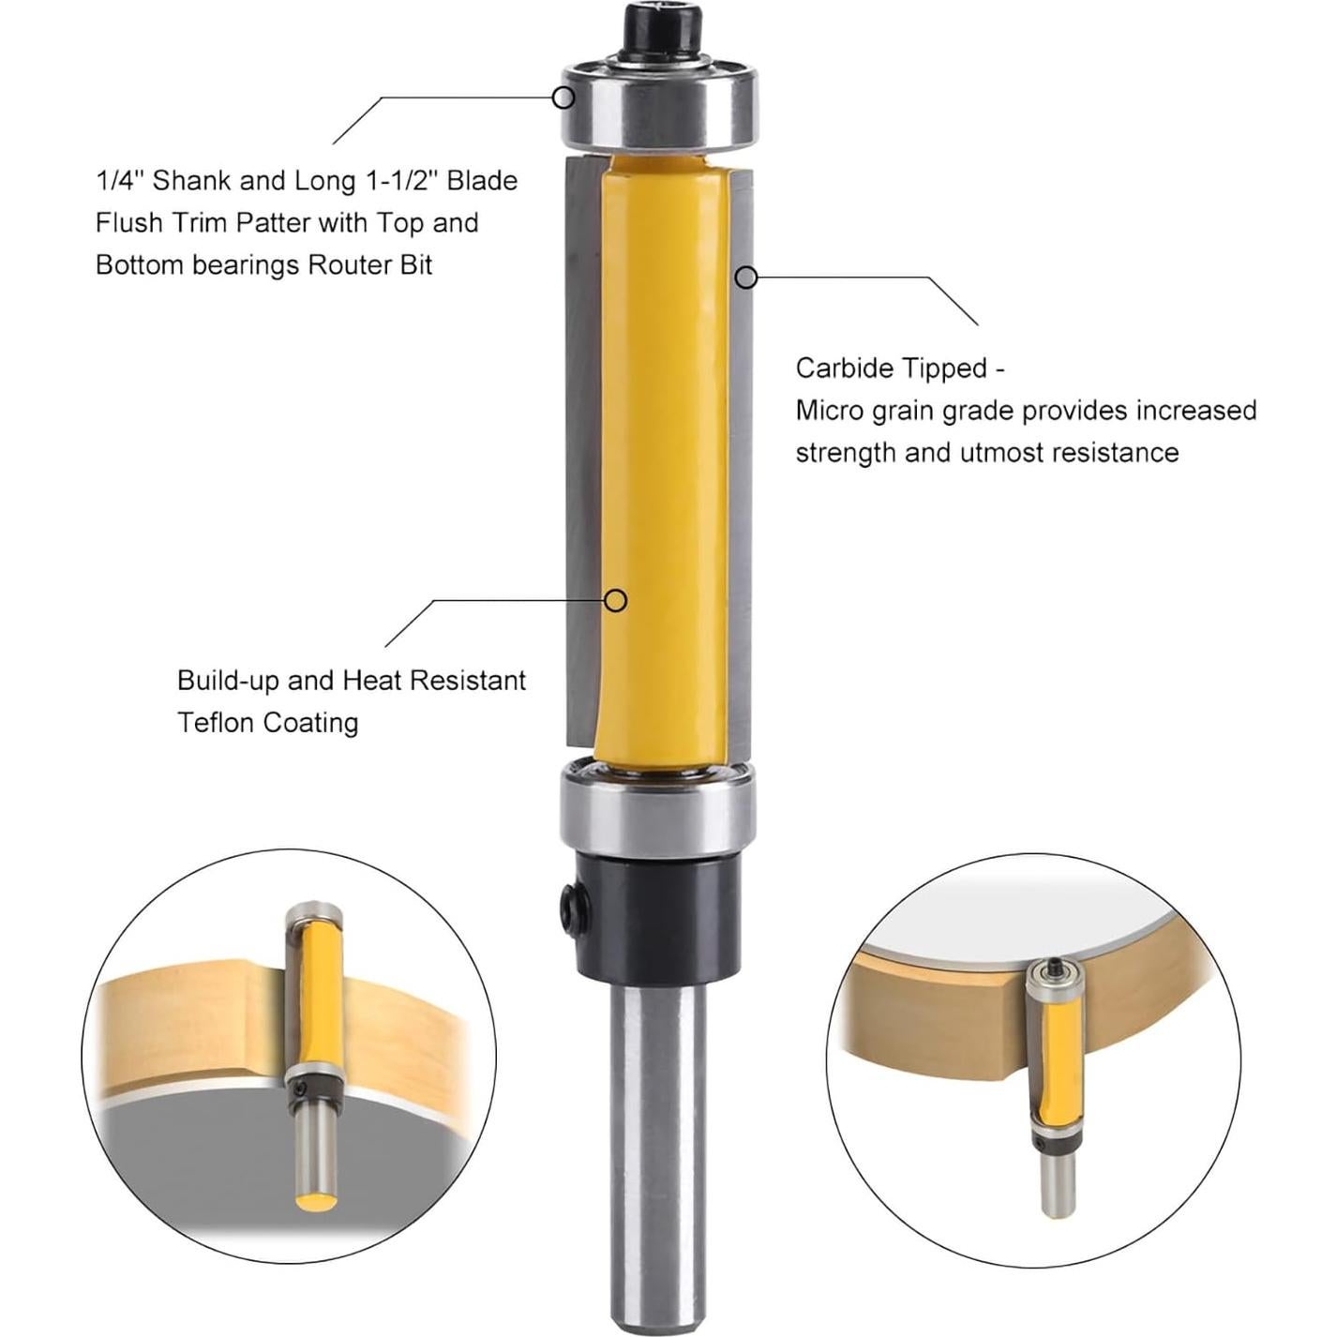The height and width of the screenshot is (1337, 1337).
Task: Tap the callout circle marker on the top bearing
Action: click(x=563, y=97)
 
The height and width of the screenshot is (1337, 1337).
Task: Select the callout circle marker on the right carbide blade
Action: click(x=746, y=278)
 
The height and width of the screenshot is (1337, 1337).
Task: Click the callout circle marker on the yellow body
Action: click(x=615, y=600)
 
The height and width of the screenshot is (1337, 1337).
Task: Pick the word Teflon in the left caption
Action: click(x=216, y=723)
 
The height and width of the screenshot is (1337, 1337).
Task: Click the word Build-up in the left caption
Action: click(x=229, y=681)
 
